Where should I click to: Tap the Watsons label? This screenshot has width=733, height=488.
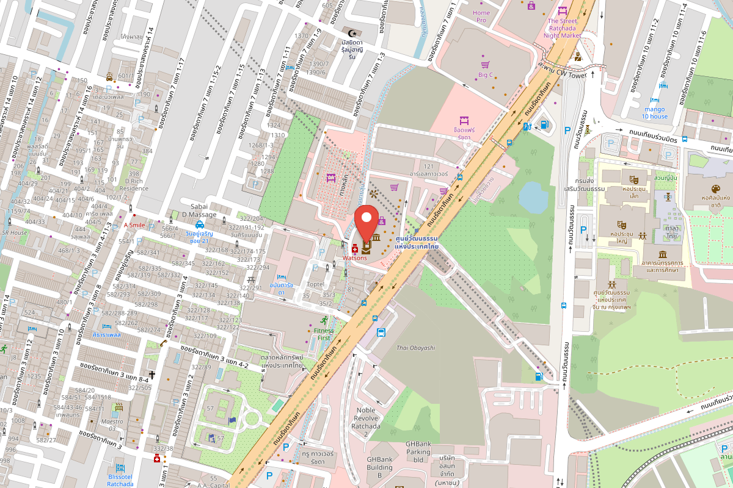point(354,257)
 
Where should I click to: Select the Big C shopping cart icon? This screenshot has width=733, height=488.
point(485,64)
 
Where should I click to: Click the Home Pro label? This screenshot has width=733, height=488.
point(481,16)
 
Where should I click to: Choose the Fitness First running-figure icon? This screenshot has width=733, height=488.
point(323,321)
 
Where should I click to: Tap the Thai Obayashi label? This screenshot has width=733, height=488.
point(415,348)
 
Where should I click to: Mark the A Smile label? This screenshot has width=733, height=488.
point(134,224)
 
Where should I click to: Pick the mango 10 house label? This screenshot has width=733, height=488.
point(654,112)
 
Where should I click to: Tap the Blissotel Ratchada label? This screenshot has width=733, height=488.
point(120,480)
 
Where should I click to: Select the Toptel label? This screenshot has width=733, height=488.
point(316,284)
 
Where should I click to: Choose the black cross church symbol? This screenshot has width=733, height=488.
point(151,374)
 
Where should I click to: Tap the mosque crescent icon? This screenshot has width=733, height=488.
point(351,32)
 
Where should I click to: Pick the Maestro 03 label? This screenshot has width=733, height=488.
point(112,425)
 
